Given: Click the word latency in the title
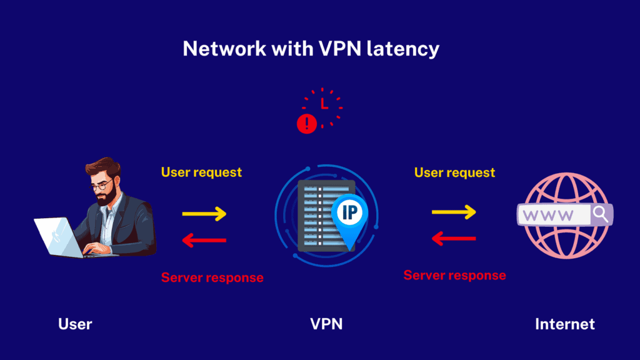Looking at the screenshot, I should (404, 49).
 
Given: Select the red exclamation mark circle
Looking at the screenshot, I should (306, 124).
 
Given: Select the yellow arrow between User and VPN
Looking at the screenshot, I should (204, 214).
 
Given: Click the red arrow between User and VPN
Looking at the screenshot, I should (204, 240).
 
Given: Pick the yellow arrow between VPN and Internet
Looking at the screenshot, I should (454, 212).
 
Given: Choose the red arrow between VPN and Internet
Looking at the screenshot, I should (454, 238).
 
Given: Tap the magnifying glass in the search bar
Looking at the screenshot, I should (600, 215).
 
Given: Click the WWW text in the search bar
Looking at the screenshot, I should (548, 216).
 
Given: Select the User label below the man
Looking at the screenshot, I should (75, 324).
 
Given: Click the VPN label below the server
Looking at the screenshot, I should (326, 324).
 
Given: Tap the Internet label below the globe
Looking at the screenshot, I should (565, 324).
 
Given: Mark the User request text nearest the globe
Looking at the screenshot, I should (454, 172).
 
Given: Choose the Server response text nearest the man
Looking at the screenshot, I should (212, 277).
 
